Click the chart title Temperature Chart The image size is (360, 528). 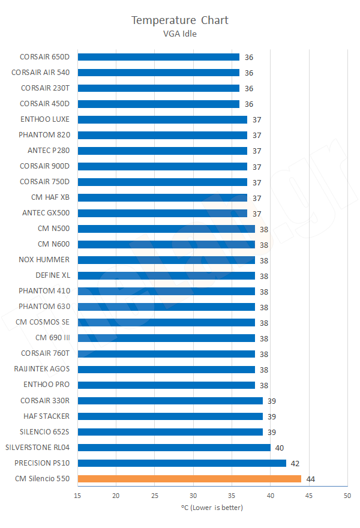[180, 20]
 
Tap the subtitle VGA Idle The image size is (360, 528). [180, 34]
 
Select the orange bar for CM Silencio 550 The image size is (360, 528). [189, 479]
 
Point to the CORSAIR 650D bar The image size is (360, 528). [158, 57]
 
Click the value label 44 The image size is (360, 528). [311, 479]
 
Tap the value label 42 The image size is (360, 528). [295, 463]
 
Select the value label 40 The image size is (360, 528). [280, 448]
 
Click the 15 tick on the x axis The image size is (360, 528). [78, 495]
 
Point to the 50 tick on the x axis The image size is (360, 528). [347, 495]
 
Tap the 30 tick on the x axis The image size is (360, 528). [193, 495]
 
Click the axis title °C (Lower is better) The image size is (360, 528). [212, 508]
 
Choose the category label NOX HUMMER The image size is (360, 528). [44, 260]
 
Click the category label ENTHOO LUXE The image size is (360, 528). [45, 119]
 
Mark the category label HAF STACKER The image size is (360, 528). [46, 416]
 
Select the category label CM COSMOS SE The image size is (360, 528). [43, 322]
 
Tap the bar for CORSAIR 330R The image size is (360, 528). [170, 401]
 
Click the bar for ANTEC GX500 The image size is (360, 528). [163, 213]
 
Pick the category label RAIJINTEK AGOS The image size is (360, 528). [42, 369]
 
